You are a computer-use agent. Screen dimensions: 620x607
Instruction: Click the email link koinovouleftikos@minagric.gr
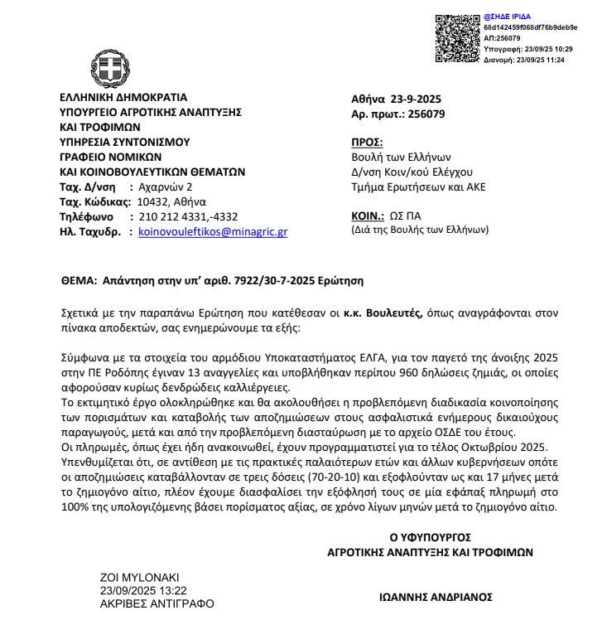click(x=213, y=233)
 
